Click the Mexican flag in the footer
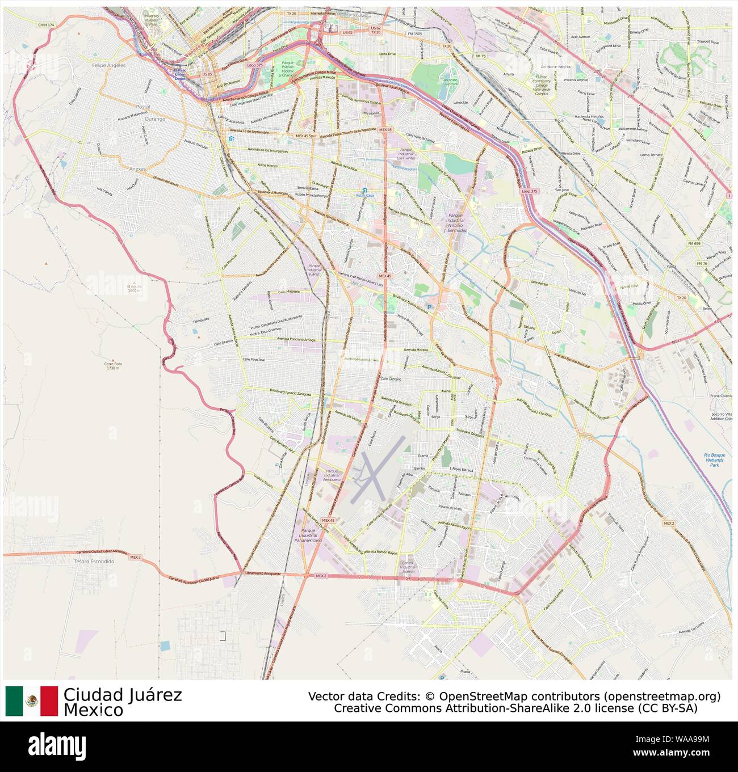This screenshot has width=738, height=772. [x=32, y=701]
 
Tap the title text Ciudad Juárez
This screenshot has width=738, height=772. [x=123, y=695]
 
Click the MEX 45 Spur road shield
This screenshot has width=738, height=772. [x=306, y=136]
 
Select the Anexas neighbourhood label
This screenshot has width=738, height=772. [x=137, y=168]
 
